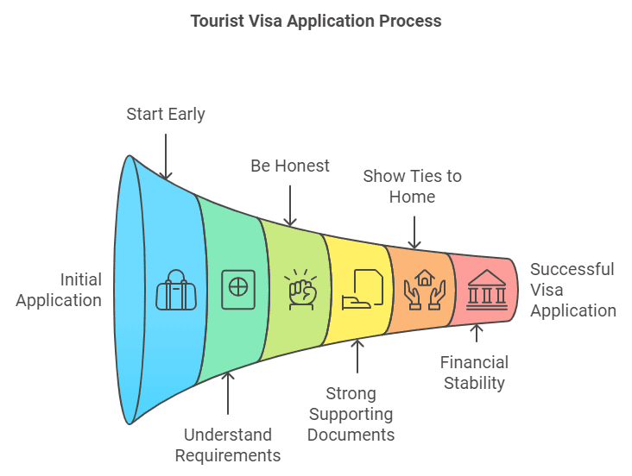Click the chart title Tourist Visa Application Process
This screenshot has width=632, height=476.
coord(316,21)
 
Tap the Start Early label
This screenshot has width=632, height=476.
coord(166,114)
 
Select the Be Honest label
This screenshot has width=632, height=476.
coord(290,166)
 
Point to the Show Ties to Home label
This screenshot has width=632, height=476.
coord(412,186)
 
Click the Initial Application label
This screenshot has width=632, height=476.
coord(59,290)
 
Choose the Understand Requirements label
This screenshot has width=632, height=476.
coord(228,445)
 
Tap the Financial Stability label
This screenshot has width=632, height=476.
coord(474,373)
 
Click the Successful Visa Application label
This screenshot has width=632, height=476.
coord(572,290)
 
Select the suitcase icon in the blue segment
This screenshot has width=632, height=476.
coord(175,291)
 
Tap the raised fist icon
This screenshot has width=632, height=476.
coord(300,289)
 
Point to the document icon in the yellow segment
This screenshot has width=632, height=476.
coord(361,288)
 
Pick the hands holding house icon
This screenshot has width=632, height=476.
coord(424,289)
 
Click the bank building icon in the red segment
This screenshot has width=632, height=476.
coord(486,289)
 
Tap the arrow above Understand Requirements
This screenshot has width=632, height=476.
coord(228,393)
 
